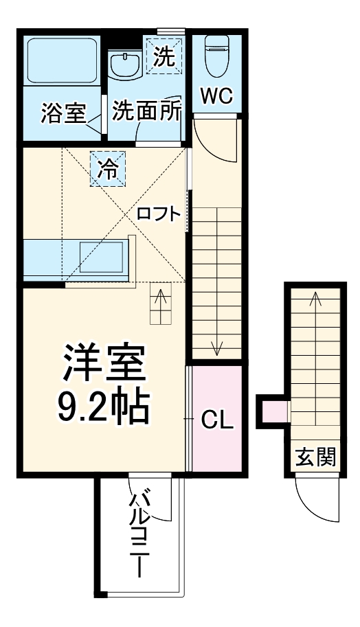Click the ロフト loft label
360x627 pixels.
coord(159,214)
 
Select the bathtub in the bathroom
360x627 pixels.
coord(62,62)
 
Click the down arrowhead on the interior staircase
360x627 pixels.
coord(217,350)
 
